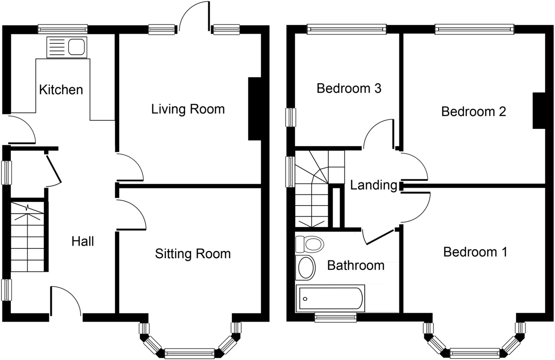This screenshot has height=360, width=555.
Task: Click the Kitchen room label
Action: tap(61, 90)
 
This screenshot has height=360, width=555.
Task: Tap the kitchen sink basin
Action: tap(76, 47)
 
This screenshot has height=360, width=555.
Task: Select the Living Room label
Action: tap(188, 109)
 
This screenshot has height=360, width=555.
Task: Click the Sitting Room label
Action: tap(193, 254)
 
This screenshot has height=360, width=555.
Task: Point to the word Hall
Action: tap(83, 241)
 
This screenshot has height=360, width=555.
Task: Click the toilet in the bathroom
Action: tap(310, 244)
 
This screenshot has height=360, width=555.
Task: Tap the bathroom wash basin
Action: tap(306, 268)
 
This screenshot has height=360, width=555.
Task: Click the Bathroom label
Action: tap(356, 266)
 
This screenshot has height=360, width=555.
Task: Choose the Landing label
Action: tap(374, 185)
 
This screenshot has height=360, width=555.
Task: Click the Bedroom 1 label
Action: tap(475, 252)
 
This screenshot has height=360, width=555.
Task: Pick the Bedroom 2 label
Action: tap(474, 111)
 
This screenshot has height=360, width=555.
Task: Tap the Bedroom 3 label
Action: tap(349, 88)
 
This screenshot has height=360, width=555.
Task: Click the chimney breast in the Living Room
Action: tap(255, 108)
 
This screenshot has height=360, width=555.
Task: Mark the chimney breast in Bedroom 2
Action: tap(539, 111)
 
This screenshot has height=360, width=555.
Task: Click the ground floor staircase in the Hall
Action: tap(27, 237)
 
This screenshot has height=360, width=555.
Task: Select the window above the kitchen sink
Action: tap(63, 29)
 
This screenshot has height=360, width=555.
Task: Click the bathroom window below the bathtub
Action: tap(335, 317)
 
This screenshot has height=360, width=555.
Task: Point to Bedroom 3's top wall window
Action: tap(346, 29)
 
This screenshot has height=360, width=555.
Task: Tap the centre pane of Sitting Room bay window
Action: tap(189, 353)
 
